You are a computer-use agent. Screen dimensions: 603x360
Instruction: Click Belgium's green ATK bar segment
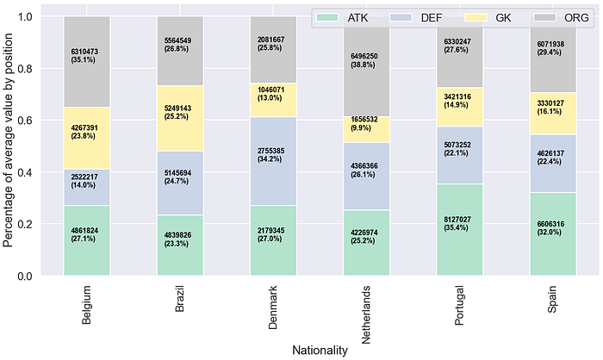pos(87,240)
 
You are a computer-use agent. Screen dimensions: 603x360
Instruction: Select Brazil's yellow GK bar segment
pos(180,119)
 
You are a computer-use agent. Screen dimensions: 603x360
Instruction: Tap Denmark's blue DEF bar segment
pos(273,161)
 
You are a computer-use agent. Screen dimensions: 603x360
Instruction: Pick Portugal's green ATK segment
pos(459,230)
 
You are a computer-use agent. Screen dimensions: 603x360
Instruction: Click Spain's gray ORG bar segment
pos(553,54)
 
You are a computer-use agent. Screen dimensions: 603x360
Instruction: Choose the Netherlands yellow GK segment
pos(366,129)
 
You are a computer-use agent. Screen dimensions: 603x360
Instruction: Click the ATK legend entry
pos(341,18)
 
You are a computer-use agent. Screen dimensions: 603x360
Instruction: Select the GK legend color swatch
pos(476,18)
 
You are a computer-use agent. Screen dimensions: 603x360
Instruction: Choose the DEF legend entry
pos(416,18)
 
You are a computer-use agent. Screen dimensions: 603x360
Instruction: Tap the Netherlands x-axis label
pos(366,314)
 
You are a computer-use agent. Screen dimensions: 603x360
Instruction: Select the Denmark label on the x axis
pos(273,307)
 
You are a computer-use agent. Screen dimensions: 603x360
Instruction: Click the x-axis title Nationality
pos(320,351)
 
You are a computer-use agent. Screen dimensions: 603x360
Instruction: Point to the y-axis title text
pos(8,140)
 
